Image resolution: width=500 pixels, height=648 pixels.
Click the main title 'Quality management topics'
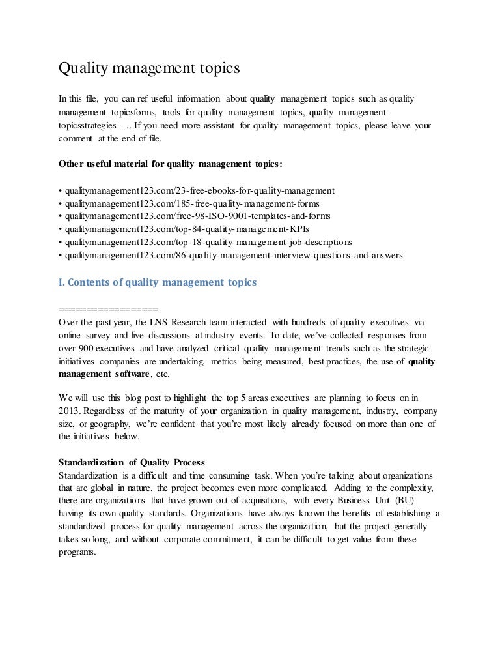coord(150,68)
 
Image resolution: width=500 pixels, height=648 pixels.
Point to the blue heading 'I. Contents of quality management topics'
coord(158,282)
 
